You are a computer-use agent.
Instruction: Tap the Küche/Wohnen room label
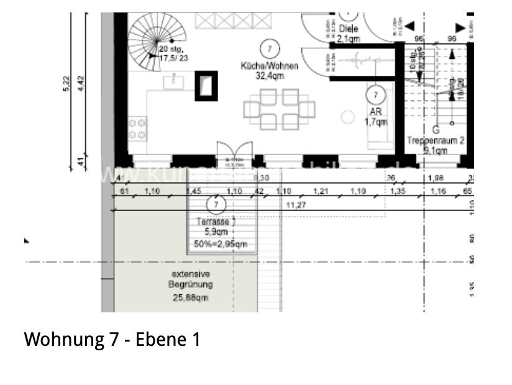click(269, 66)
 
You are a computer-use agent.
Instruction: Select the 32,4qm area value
click(269, 75)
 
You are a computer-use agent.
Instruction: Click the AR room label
click(375, 112)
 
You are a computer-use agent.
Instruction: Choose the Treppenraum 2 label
click(436, 141)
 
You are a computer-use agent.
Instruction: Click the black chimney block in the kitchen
click(206, 86)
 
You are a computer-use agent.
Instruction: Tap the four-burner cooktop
click(137, 129)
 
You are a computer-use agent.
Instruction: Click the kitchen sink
click(172, 80)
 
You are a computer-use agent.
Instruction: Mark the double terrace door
click(234, 154)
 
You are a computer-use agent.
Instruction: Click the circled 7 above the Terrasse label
click(216, 204)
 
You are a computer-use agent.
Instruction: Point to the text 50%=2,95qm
click(221, 244)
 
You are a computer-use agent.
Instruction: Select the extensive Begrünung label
click(192, 279)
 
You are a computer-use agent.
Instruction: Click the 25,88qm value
click(191, 297)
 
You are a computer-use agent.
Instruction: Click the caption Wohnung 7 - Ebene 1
click(112, 340)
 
